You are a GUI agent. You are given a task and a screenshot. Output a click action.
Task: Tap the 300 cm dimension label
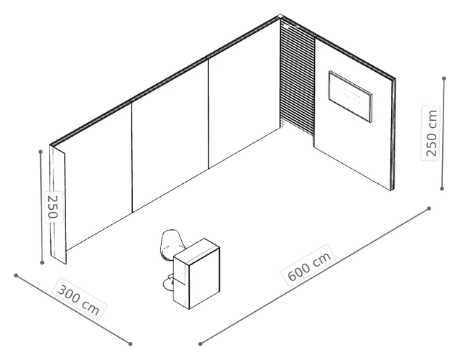coord(79,298)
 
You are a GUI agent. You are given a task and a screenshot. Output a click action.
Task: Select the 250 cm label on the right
coord(431,133)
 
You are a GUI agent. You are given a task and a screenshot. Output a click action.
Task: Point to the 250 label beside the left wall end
coord(53,206)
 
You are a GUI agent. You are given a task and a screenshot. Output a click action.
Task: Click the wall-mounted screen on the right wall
coord(350,96)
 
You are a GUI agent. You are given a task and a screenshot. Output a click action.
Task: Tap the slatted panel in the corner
coord(298,79)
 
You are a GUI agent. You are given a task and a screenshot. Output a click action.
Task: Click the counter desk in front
coord(196,274)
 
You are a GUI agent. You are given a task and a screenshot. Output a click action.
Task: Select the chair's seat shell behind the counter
coord(172,245)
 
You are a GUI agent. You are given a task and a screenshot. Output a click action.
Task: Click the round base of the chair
coord(168,284)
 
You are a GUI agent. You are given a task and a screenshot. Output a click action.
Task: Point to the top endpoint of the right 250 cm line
coord(444,78)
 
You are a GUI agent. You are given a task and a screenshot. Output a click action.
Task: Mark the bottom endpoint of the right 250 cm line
coord(442,189)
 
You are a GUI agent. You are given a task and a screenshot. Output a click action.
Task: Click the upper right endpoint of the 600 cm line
coord(429,208)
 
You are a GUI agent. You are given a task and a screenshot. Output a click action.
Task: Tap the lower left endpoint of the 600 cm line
coord(201,344)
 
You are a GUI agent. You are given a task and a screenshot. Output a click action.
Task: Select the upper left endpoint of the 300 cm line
coord(16,275)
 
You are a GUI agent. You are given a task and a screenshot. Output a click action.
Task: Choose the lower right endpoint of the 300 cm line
coord(130,344)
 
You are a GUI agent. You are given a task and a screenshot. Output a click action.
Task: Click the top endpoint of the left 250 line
coord(40,152)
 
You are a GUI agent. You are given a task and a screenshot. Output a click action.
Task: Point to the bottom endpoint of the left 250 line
coord(42,262)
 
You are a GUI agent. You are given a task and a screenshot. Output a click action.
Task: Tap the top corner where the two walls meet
coord(280,17)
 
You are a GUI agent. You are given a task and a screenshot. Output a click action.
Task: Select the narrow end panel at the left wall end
coord(58,205)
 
